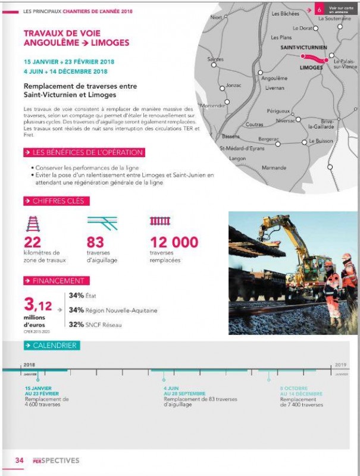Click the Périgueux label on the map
tap(278, 111)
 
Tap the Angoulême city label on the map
tap(274, 78)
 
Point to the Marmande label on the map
tap(274, 167)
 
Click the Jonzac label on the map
tap(233, 85)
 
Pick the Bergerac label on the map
tap(268, 139)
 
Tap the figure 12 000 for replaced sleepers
tap(174, 242)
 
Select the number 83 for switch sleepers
tap(95, 242)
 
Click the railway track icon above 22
tap(33, 223)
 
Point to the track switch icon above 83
tap(102, 223)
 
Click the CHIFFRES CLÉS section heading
tap(58, 201)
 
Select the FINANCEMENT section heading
tap(58, 280)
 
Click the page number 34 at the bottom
tap(19, 460)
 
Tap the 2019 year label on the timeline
tap(340, 365)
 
